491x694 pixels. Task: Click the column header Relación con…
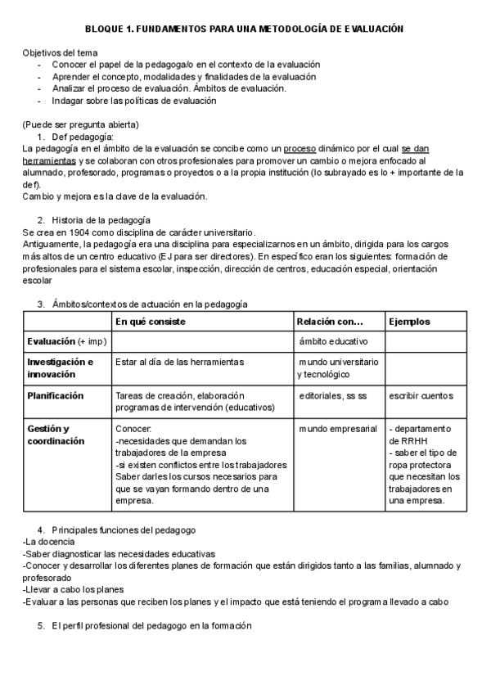tap(329, 322)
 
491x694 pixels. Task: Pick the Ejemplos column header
tap(409, 322)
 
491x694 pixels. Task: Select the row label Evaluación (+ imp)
tap(65, 340)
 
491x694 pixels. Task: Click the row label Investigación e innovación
tap(60, 367)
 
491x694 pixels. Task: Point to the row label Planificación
tap(56, 395)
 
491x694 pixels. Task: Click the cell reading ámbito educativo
tap(333, 340)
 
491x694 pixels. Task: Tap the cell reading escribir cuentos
tap(421, 396)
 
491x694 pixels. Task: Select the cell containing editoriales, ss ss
tap(333, 396)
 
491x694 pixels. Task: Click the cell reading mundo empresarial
tap(337, 428)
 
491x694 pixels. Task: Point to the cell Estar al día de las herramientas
tap(179, 362)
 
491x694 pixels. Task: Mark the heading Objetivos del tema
tap(59, 52)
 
